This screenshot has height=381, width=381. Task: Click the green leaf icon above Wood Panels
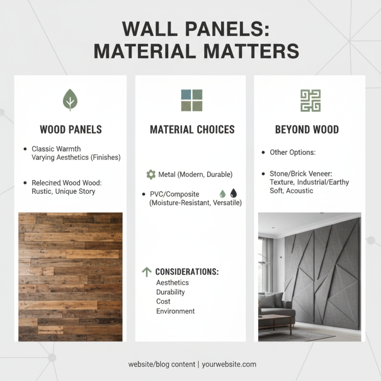[x=70, y=100]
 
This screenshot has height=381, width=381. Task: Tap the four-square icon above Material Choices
[x=191, y=100]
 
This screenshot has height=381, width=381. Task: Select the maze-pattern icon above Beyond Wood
[x=310, y=100]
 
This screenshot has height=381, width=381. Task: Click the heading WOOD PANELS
[x=70, y=130]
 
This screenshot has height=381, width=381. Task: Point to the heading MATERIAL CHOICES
[x=192, y=130]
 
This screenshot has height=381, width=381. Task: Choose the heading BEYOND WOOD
[x=307, y=130]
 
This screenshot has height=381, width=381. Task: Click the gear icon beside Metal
[x=151, y=175]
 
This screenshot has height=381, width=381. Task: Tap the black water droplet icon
[x=233, y=194]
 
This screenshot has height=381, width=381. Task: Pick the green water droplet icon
[x=222, y=194]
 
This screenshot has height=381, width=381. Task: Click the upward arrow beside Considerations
[x=147, y=272]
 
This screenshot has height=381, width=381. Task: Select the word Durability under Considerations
[x=170, y=292]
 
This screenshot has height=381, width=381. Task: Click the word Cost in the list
[x=163, y=301]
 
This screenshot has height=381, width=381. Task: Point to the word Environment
[x=175, y=311]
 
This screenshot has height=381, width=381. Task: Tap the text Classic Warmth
[x=56, y=149]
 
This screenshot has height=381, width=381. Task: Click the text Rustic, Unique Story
[x=63, y=191]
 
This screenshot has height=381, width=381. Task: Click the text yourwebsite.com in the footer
[x=229, y=364]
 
